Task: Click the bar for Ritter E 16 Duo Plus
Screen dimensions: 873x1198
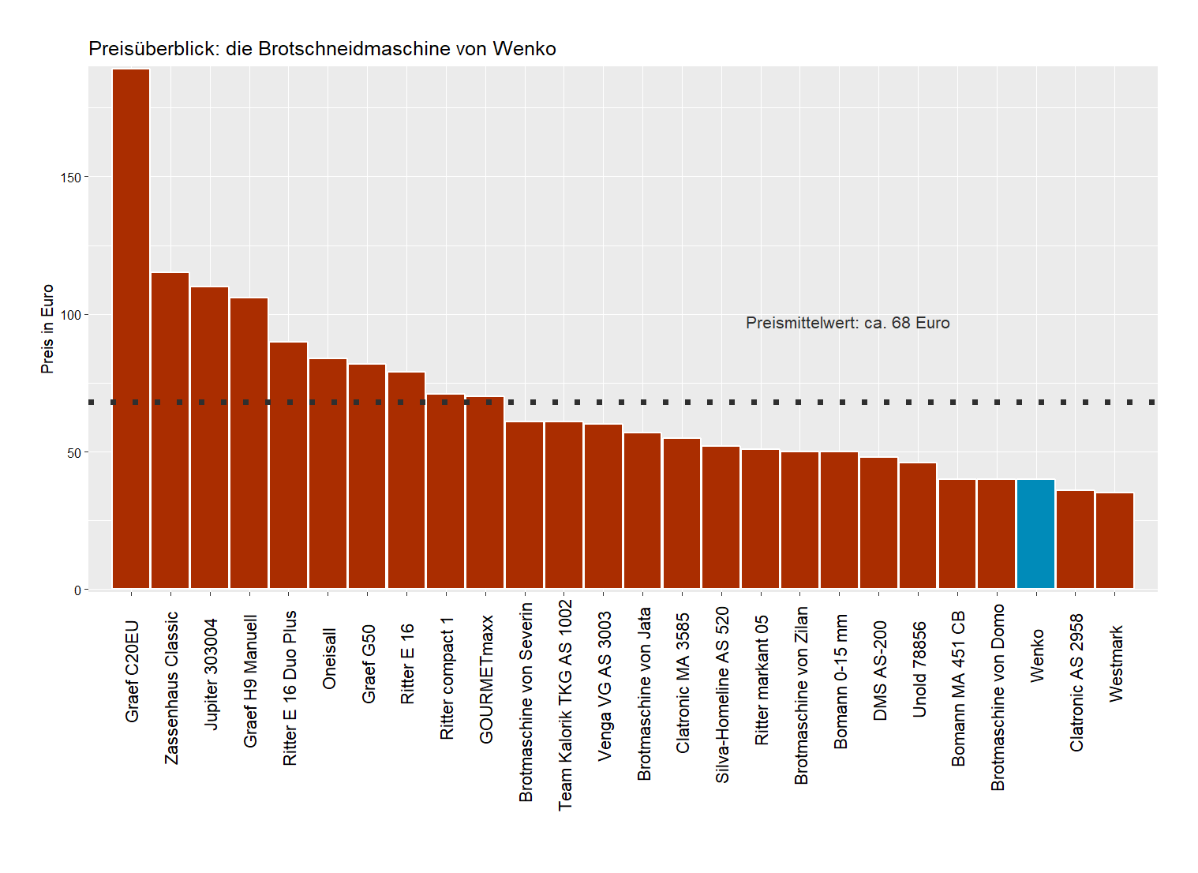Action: tap(288, 465)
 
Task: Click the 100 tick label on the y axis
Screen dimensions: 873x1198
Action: tap(71, 315)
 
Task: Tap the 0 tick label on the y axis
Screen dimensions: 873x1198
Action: tap(77, 590)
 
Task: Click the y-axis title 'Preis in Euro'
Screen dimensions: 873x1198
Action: tap(47, 328)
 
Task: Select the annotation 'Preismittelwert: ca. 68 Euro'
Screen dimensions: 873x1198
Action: tap(848, 323)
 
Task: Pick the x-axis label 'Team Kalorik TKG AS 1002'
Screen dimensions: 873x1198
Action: tap(565, 704)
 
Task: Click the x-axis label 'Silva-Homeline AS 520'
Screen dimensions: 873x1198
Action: tap(722, 695)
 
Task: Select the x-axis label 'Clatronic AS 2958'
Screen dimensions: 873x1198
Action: tap(1076, 683)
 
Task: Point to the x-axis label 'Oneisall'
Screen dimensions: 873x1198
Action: tap(329, 658)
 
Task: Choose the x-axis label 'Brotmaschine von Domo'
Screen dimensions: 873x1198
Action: tap(998, 697)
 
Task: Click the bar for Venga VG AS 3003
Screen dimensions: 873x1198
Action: tap(603, 506)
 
